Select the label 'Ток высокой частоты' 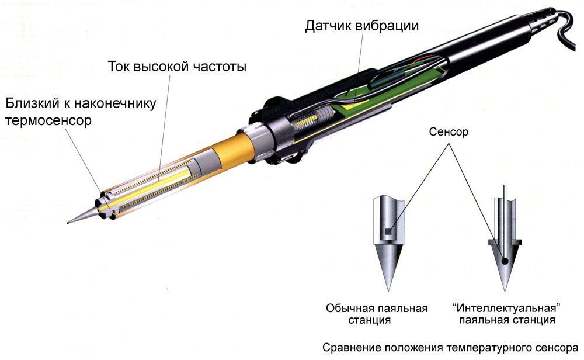click(177, 67)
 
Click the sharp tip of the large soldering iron click(69, 222)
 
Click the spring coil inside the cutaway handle click(308, 122)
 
